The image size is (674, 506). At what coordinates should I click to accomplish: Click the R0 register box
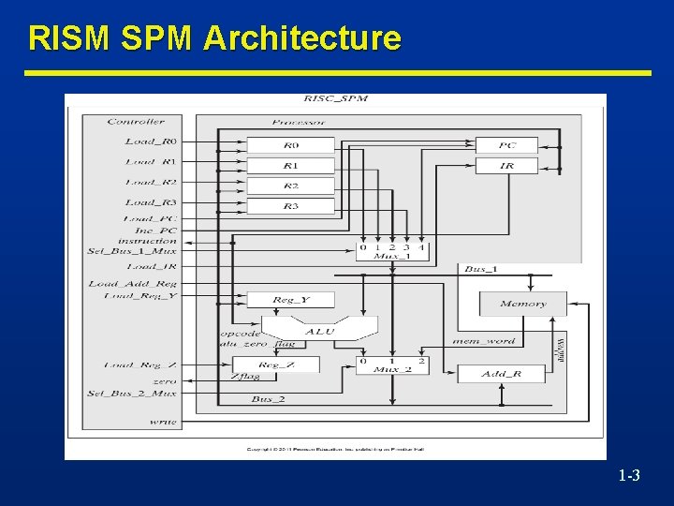pos(290,145)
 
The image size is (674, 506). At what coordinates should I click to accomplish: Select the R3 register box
pos(290,205)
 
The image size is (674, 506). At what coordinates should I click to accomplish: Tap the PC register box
pos(506,145)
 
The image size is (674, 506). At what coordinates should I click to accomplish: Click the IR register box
pos(506,166)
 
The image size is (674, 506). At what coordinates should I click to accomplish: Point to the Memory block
pos(523,304)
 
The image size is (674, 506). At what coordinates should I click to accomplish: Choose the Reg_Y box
pos(290,300)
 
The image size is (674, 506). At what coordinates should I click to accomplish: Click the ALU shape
pos(319,330)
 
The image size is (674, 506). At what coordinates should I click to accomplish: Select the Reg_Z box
pos(276,365)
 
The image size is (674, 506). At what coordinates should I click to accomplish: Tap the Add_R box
pos(501,374)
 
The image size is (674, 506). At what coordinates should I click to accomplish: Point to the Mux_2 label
pos(392,371)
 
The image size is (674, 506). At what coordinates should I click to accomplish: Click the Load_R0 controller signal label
pos(151,141)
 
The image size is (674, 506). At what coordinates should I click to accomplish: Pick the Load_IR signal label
pos(151,266)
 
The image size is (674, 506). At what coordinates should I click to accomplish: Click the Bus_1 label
pos(481,269)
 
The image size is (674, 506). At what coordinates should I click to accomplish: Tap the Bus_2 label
pos(268,399)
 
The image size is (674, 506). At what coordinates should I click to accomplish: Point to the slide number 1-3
pos(629,477)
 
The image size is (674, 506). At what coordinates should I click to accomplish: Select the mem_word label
pos(484,341)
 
